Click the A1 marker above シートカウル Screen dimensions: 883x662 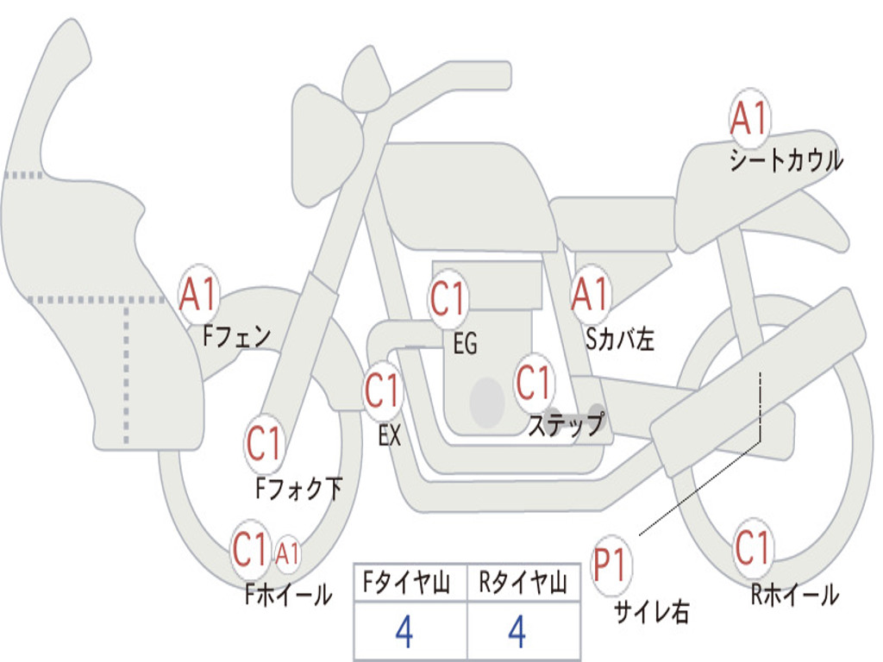click(749, 117)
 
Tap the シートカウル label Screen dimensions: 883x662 click(786, 160)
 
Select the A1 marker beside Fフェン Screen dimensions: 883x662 click(198, 294)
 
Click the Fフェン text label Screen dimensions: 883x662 click(237, 336)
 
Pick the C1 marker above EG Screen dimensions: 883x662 click(448, 298)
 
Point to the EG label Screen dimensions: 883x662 click(465, 343)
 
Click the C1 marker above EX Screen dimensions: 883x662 click(382, 390)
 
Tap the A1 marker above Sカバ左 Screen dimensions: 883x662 click(591, 293)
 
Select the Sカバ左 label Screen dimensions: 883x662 click(619, 339)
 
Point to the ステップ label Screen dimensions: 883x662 click(567, 424)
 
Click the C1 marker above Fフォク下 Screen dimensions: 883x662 click(264, 444)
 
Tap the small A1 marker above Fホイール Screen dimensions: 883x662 click(287, 553)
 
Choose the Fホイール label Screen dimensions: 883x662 click(288, 595)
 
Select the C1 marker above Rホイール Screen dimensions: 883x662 click(753, 547)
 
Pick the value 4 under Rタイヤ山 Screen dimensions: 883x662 click(517, 631)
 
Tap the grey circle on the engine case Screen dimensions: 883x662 click(487, 403)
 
